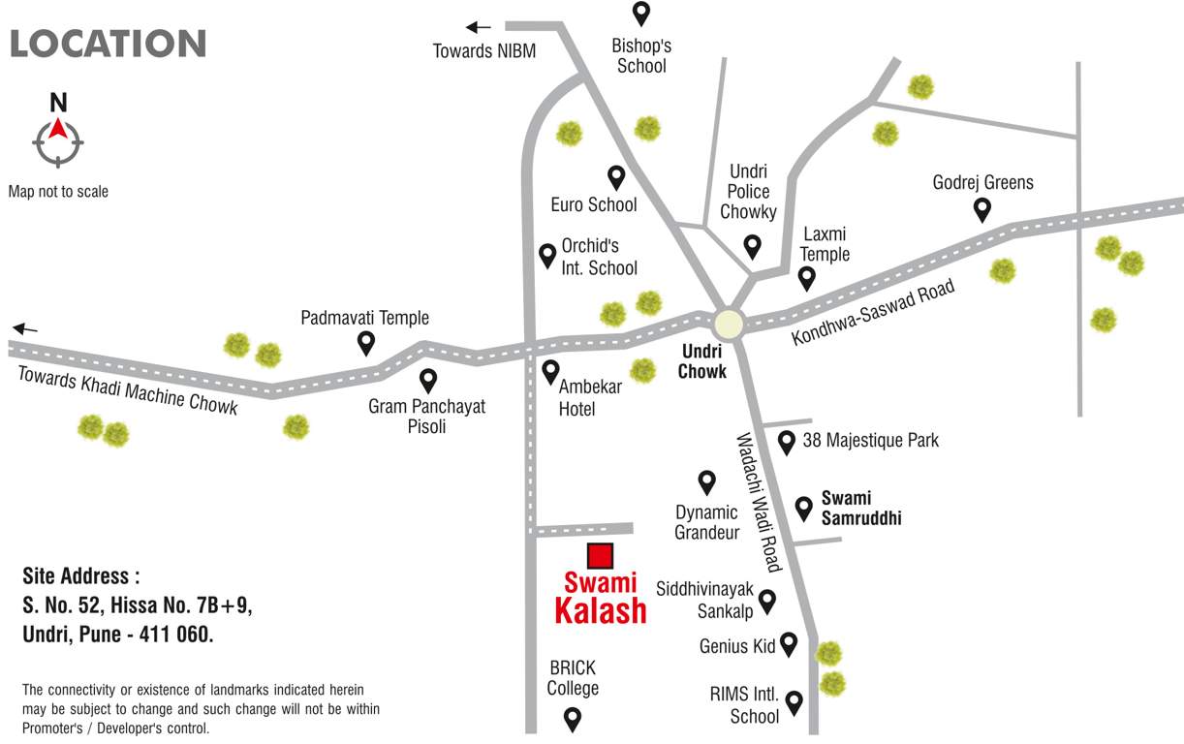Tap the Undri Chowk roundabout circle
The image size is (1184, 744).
[728, 324]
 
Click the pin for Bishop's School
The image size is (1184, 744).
[640, 14]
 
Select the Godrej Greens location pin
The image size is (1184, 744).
[982, 208]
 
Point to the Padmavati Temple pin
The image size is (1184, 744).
[366, 342]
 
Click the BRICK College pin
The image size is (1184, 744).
[573, 719]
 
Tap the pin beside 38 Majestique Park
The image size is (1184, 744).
[787, 443]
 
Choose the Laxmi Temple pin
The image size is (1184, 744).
[806, 278]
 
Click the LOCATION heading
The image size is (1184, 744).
[108, 44]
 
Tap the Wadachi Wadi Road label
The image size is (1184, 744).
[759, 501]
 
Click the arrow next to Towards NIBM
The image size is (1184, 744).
[479, 27]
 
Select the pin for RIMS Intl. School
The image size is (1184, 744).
[795, 702]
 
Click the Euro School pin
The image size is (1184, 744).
[616, 176]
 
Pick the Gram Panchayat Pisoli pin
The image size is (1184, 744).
[427, 381]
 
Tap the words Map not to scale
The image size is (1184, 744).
[58, 192]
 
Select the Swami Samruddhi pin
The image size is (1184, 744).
[803, 508]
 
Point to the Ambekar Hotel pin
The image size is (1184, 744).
[550, 370]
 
